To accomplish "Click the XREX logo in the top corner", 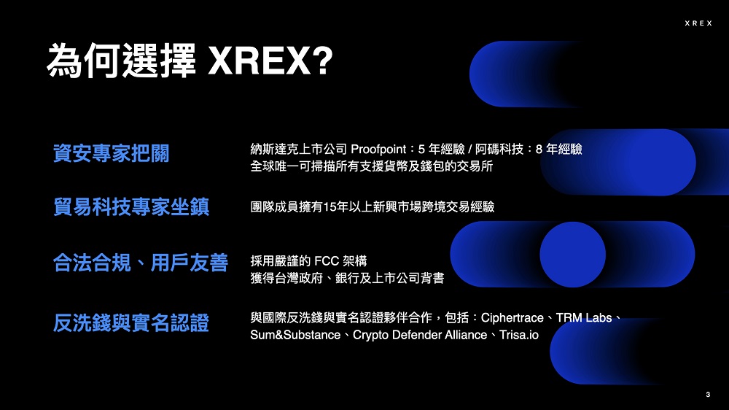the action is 698,23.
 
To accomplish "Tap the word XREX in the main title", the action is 260,61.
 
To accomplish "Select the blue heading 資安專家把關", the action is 111,153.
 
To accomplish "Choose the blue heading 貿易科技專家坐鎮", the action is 131,206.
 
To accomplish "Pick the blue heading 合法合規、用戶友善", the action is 141,263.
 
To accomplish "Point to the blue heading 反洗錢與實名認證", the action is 131,322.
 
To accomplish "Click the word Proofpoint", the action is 378,150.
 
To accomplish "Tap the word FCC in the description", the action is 327,261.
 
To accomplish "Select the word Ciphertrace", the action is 512,318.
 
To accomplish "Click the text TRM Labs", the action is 584,318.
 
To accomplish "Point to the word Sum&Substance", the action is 295,335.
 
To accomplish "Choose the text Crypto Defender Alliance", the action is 420,335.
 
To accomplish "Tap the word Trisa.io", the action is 519,335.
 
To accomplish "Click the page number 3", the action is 708,394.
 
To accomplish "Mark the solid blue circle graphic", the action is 573,255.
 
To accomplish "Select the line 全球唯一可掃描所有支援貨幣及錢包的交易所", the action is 372,166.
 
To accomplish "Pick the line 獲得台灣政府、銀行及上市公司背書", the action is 347,278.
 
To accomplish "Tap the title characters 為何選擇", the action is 121,61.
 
